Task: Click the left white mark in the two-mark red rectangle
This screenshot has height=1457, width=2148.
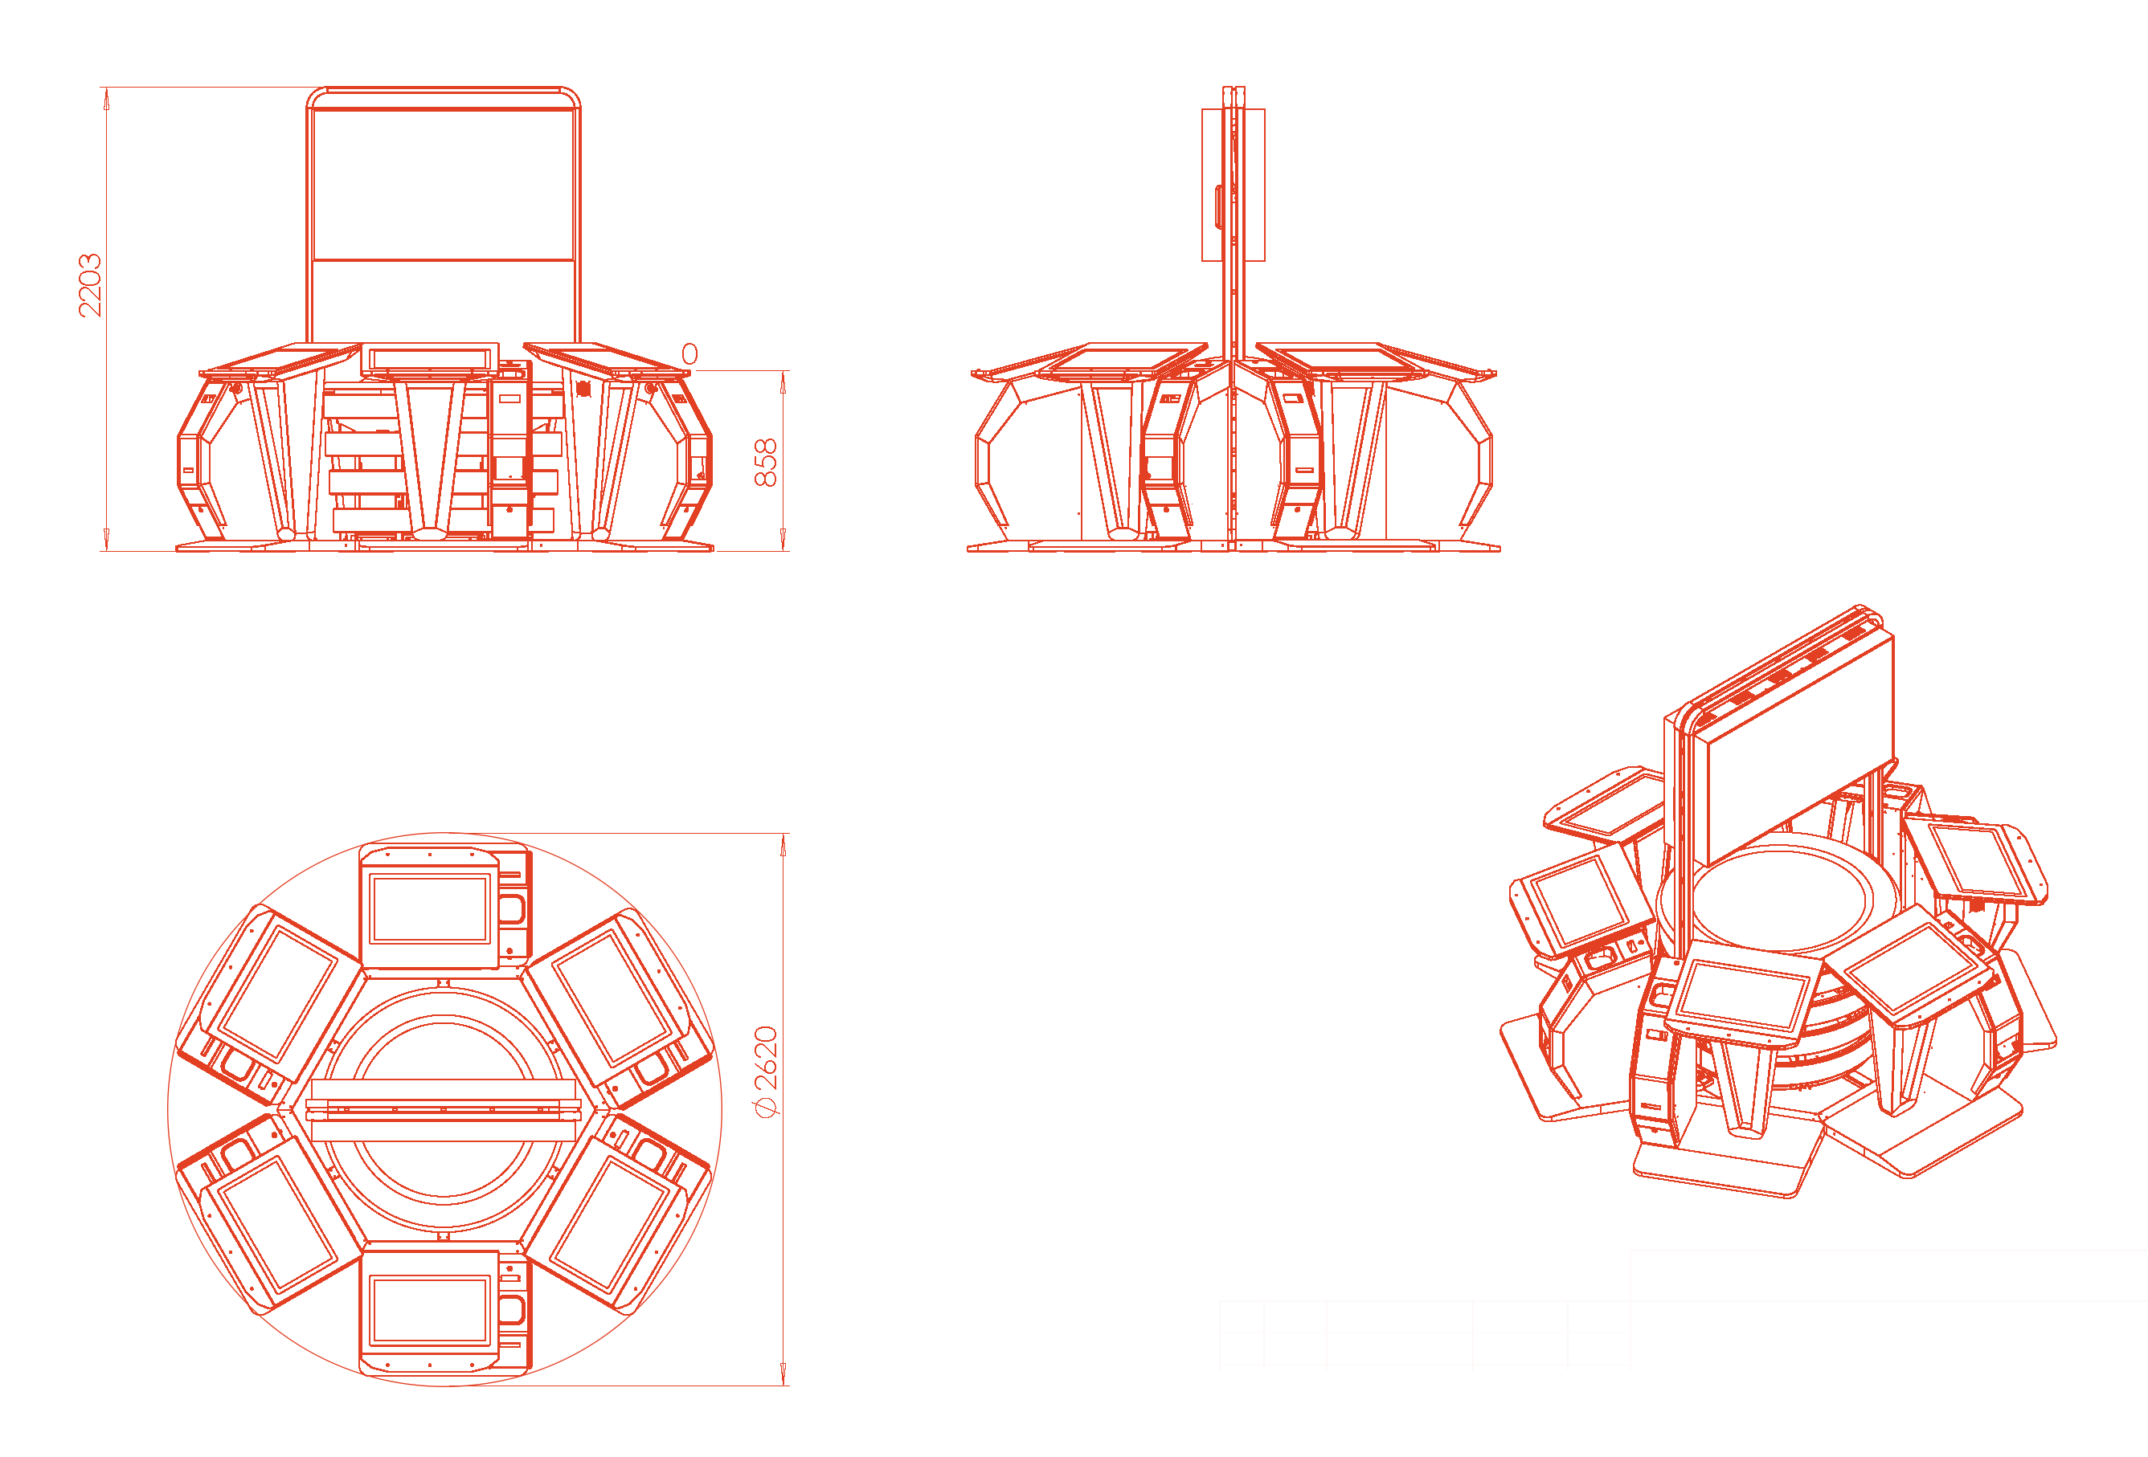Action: [x=238, y=492]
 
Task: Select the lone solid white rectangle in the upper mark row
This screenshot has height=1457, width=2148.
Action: [x=1054, y=413]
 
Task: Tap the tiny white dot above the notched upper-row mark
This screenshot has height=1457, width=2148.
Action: [x=1389, y=394]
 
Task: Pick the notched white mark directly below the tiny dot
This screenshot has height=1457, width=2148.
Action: [x=1409, y=412]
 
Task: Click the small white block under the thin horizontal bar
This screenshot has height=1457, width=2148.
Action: [x=1014, y=499]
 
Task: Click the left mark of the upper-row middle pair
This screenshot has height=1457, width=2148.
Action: [x=1215, y=412]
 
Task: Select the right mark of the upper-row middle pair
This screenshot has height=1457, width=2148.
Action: [x=1248, y=411]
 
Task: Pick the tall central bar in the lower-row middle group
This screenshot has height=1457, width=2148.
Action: [x=1248, y=497]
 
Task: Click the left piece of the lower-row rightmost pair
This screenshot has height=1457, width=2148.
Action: [x=1401, y=497]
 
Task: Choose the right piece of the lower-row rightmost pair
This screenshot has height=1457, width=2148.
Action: [x=1454, y=491]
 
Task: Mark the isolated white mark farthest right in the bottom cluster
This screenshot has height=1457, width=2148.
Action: [x=1965, y=1059]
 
